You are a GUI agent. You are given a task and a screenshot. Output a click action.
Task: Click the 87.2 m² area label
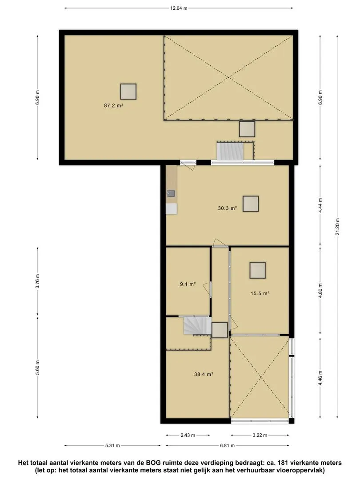point(114,106)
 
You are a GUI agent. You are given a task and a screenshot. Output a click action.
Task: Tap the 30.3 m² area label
point(228,208)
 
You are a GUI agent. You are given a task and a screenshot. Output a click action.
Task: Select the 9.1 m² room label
point(188,284)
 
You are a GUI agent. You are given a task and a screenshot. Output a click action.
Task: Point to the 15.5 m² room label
point(260,293)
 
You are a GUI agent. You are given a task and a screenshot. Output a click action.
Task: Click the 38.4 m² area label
point(204,374)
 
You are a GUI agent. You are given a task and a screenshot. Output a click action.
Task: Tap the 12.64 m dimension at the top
point(179,8)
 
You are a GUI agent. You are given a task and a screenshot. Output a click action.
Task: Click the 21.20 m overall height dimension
point(337,227)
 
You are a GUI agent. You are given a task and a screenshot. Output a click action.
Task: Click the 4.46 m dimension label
point(320,378)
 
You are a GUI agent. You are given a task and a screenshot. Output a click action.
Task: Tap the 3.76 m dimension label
point(37,281)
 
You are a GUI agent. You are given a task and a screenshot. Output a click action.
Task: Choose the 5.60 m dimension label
point(37,367)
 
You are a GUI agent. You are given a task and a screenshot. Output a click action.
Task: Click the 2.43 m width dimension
point(188,435)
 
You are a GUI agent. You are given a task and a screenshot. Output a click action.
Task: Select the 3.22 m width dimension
point(260,435)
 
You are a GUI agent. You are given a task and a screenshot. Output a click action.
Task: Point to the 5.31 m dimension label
point(112,445)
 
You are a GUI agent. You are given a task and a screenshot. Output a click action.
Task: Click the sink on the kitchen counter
point(171,193)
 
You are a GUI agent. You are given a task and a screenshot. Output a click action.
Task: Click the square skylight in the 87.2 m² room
point(128,92)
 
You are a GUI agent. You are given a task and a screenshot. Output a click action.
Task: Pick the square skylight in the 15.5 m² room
point(257,270)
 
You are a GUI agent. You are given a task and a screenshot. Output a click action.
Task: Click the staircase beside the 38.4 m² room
point(197,326)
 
